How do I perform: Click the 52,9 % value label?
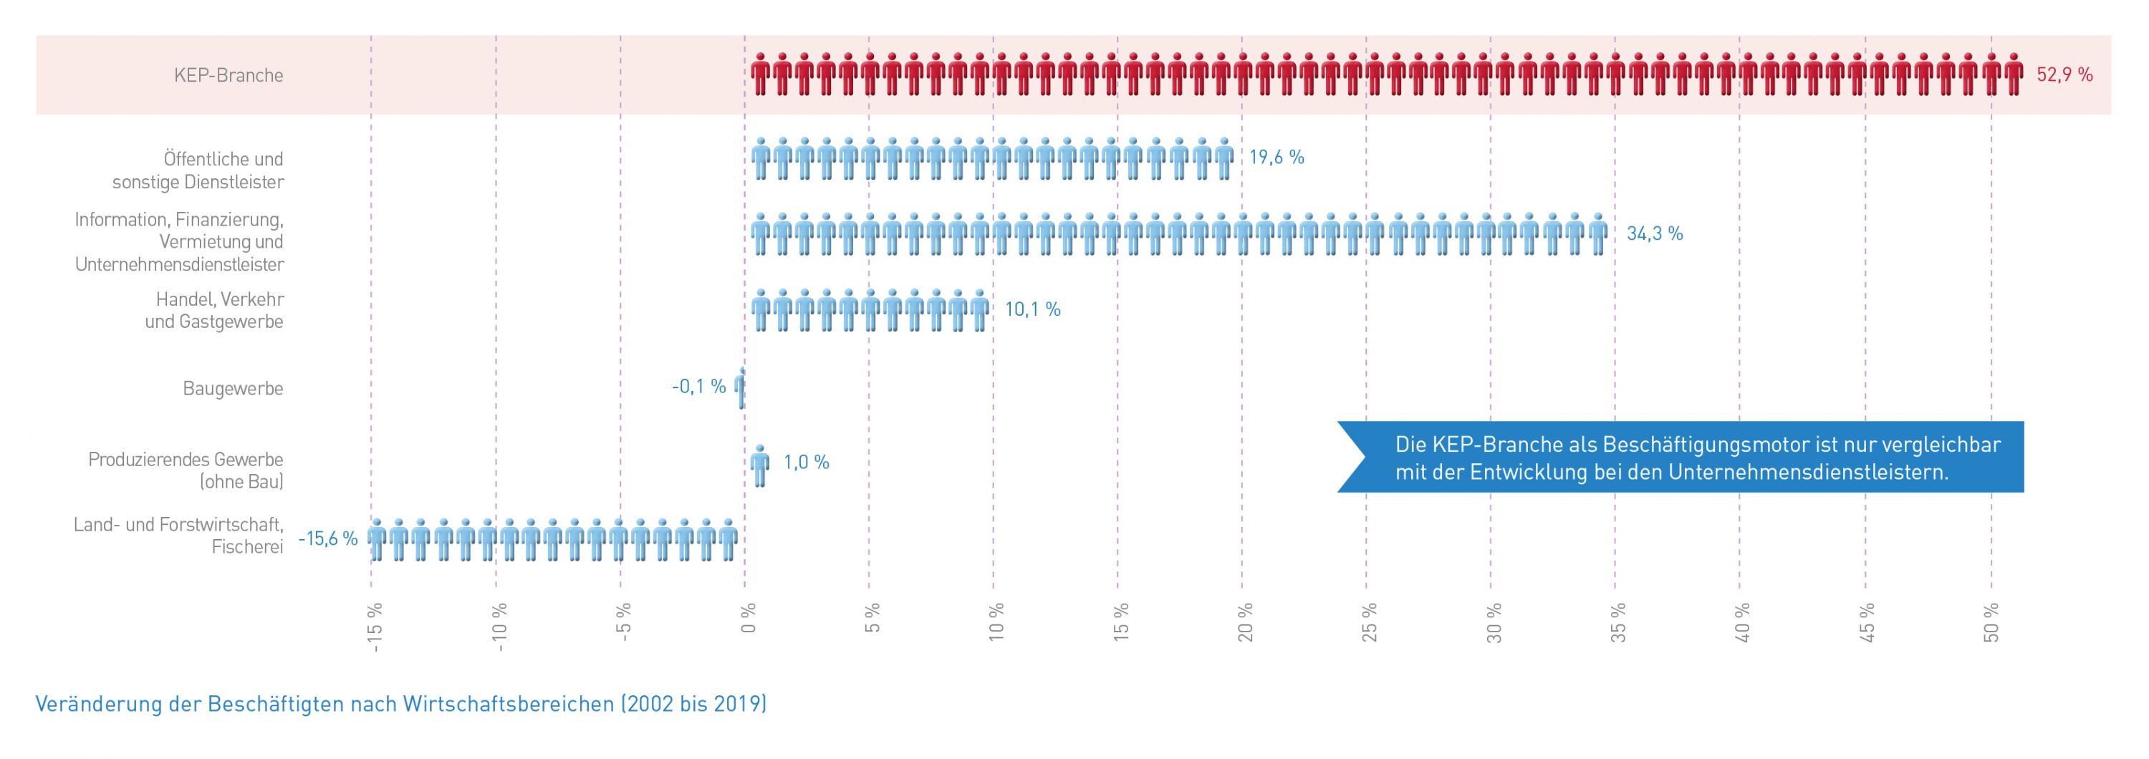point(2064,75)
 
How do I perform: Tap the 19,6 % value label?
point(1276,158)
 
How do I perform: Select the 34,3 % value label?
point(1654,233)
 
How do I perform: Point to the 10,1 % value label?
point(1032,309)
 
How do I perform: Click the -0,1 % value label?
point(698,386)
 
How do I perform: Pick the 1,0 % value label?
point(806,462)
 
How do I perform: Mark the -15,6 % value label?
point(328,538)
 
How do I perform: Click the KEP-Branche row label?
point(229,75)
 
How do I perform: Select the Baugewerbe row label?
point(233,389)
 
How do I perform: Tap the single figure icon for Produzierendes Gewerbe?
point(760,465)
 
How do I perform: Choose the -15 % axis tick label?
point(375,626)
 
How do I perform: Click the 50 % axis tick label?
point(1991,622)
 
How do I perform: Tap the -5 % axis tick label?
point(623,622)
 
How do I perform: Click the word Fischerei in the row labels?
point(247,547)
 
